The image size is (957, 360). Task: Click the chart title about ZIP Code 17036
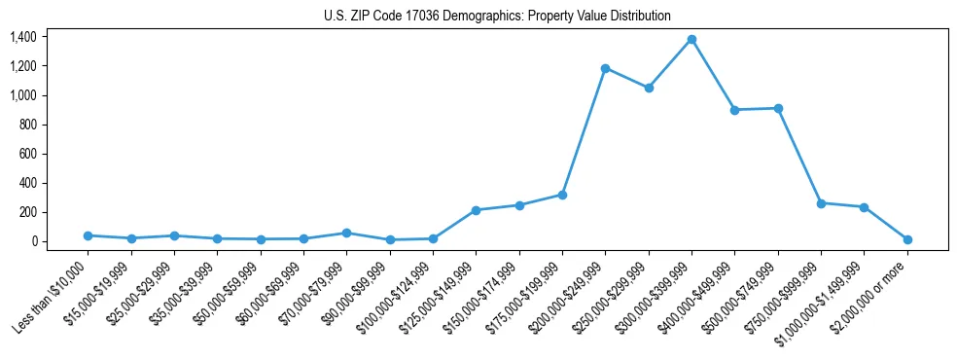click(497, 16)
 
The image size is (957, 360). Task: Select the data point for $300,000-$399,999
click(691, 39)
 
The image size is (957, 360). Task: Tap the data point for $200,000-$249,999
click(605, 68)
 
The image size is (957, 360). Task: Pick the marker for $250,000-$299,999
click(649, 88)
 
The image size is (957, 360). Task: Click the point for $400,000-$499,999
click(734, 110)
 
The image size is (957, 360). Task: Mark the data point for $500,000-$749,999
click(778, 108)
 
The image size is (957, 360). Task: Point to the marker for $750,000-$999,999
click(821, 203)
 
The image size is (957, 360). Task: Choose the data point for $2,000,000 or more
click(907, 239)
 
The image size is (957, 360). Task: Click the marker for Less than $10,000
click(88, 235)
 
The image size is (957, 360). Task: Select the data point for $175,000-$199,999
click(562, 195)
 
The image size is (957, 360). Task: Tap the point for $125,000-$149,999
click(476, 210)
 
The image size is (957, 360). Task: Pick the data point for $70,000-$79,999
click(346, 233)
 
